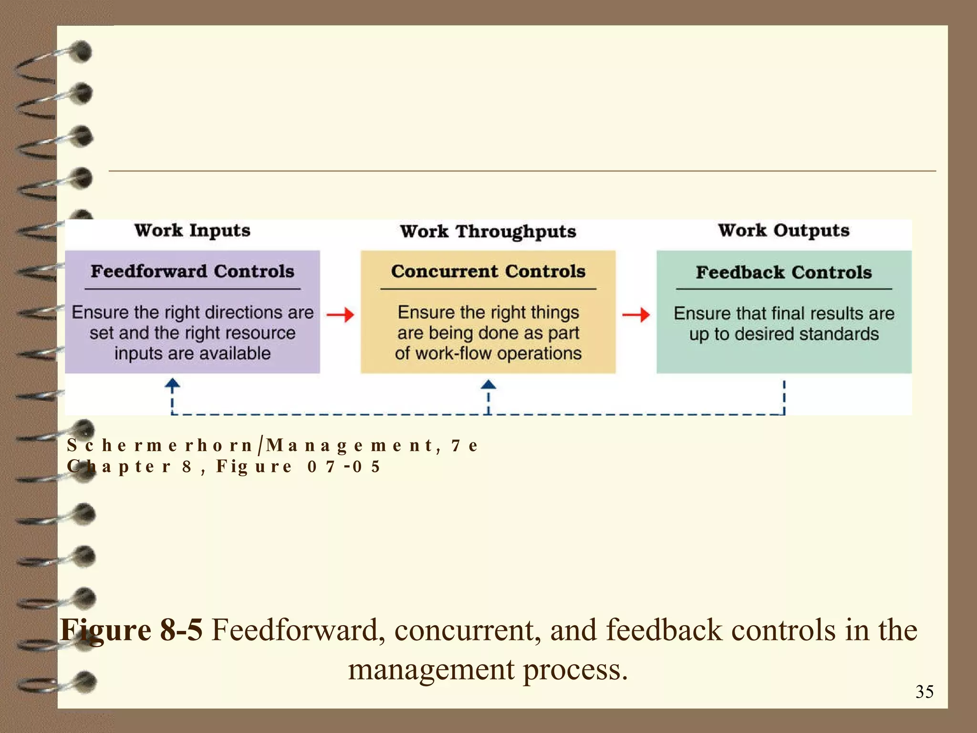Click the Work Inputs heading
pyautogui.click(x=192, y=230)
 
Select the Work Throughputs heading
pyautogui.click(x=488, y=232)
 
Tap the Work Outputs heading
pyautogui.click(x=784, y=230)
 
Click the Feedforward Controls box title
pyautogui.click(x=192, y=272)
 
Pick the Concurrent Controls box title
pyautogui.click(x=488, y=272)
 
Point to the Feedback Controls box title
pyautogui.click(x=784, y=272)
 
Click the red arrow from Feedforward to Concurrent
pyautogui.click(x=340, y=314)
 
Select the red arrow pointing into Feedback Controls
pyautogui.click(x=636, y=314)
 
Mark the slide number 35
pyautogui.click(x=924, y=692)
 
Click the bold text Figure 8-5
pyautogui.click(x=132, y=630)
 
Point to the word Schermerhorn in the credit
pyautogui.click(x=160, y=445)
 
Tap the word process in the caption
pyautogui.click(x=575, y=669)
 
